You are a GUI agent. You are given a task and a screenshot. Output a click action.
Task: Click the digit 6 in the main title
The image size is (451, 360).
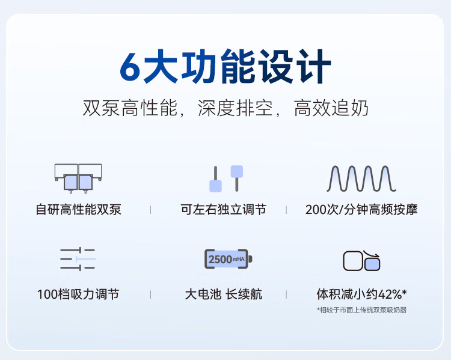pyautogui.click(x=130, y=67)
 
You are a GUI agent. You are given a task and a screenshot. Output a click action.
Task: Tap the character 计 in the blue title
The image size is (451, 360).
pyautogui.click(x=314, y=66)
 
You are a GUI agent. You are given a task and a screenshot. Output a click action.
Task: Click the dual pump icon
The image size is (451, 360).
pyautogui.click(x=78, y=178)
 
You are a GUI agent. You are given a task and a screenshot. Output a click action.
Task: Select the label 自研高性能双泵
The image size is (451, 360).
pyautogui.click(x=79, y=209)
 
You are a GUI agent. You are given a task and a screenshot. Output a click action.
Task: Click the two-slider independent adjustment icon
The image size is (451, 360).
pyautogui.click(x=226, y=178)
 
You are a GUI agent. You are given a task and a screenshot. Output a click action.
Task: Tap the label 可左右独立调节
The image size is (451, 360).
pyautogui.click(x=224, y=209)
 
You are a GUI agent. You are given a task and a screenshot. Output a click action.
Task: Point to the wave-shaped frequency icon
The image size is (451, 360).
pyautogui.click(x=361, y=178)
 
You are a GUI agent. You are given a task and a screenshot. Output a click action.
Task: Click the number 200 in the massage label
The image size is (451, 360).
pyautogui.click(x=316, y=210)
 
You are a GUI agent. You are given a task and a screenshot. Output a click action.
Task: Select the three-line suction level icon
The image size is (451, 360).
pyautogui.click(x=78, y=259)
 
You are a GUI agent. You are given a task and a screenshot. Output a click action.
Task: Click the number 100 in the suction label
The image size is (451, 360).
pyautogui.click(x=48, y=294)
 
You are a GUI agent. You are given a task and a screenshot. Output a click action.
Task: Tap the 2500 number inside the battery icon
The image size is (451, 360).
pyautogui.click(x=220, y=260)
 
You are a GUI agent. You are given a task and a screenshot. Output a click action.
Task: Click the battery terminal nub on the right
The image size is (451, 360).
pyautogui.click(x=250, y=259)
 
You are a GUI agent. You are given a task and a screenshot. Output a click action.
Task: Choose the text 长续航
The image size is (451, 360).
pyautogui.click(x=244, y=294)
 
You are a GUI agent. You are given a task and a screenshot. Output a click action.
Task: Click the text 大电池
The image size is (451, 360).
pyautogui.click(x=203, y=294)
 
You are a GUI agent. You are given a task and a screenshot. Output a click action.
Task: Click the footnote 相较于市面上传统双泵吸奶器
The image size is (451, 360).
pyautogui.click(x=363, y=310)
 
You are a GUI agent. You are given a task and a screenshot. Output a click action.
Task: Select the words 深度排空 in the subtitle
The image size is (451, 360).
pyautogui.click(x=235, y=108)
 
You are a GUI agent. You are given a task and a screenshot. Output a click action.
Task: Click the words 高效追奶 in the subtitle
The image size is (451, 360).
pyautogui.click(x=331, y=108)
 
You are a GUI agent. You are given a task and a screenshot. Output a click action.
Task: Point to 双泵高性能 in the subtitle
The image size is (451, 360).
pyautogui.click(x=130, y=108)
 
